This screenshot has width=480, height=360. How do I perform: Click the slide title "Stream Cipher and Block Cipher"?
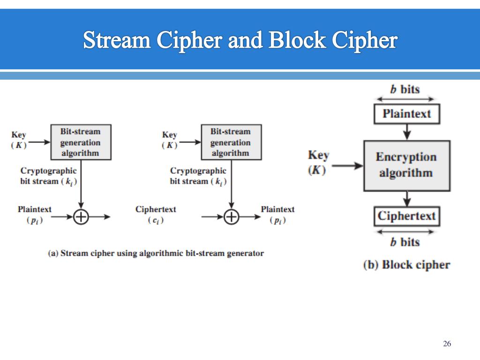coord(240,40)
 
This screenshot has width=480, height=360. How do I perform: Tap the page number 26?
coord(447,344)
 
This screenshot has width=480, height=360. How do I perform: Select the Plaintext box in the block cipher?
coord(406,114)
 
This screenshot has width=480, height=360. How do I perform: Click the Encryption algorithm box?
coord(406,165)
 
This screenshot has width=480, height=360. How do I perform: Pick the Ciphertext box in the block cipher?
coord(406,216)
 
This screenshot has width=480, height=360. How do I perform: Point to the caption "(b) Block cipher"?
coord(406,265)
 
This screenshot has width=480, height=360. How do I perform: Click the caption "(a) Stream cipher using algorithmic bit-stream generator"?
coord(156,254)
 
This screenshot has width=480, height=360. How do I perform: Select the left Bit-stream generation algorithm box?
coord(81,142)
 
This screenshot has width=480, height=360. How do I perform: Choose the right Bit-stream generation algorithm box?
coord(231,142)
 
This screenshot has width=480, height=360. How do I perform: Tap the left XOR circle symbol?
coord(81,217)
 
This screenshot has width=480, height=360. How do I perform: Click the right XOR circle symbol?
coord(231,217)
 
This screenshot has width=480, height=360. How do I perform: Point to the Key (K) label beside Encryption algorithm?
coord(318,162)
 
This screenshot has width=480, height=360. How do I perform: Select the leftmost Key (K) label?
coord(19,140)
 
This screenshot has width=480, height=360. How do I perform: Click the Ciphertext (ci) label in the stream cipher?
coord(156,215)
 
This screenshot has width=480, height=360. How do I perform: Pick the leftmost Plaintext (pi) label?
coord(35,215)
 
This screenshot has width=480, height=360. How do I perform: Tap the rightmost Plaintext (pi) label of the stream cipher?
coord(277,215)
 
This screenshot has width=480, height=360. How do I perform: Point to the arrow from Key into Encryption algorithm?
coord(350,165)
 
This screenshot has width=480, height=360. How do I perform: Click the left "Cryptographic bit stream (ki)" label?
coord(48,176)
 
